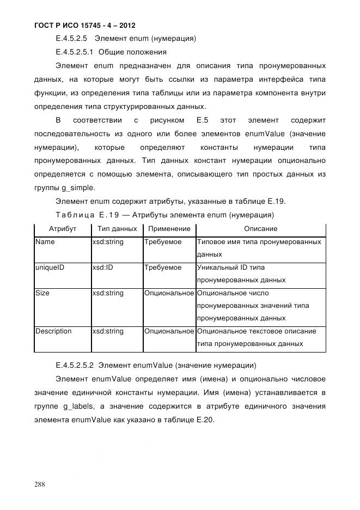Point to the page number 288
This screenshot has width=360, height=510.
point(40,483)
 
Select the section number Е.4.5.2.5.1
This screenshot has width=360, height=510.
point(76,52)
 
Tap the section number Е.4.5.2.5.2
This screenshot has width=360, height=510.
point(76,365)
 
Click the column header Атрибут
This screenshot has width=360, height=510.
point(62,229)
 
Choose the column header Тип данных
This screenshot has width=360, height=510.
point(117,229)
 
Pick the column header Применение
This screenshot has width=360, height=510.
point(169,229)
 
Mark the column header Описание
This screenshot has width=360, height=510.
point(260,229)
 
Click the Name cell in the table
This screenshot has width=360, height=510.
point(45,242)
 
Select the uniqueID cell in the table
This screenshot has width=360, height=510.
point(50,268)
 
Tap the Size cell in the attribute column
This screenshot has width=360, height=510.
point(42,293)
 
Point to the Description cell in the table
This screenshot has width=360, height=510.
point(53,331)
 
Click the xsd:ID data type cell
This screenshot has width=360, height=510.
point(103,268)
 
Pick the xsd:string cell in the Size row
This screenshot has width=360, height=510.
point(108,293)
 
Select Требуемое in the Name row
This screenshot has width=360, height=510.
point(163,242)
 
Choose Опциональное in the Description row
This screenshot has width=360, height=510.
point(169,331)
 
